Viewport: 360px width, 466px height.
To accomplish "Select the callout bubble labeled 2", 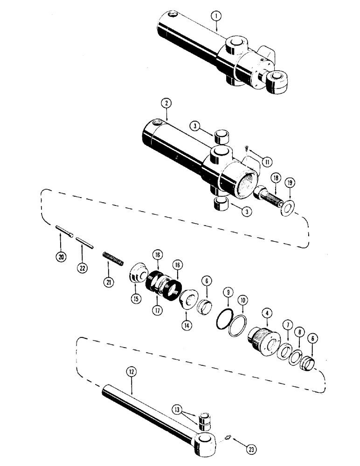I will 164,103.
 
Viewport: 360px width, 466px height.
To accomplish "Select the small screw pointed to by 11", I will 246,150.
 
